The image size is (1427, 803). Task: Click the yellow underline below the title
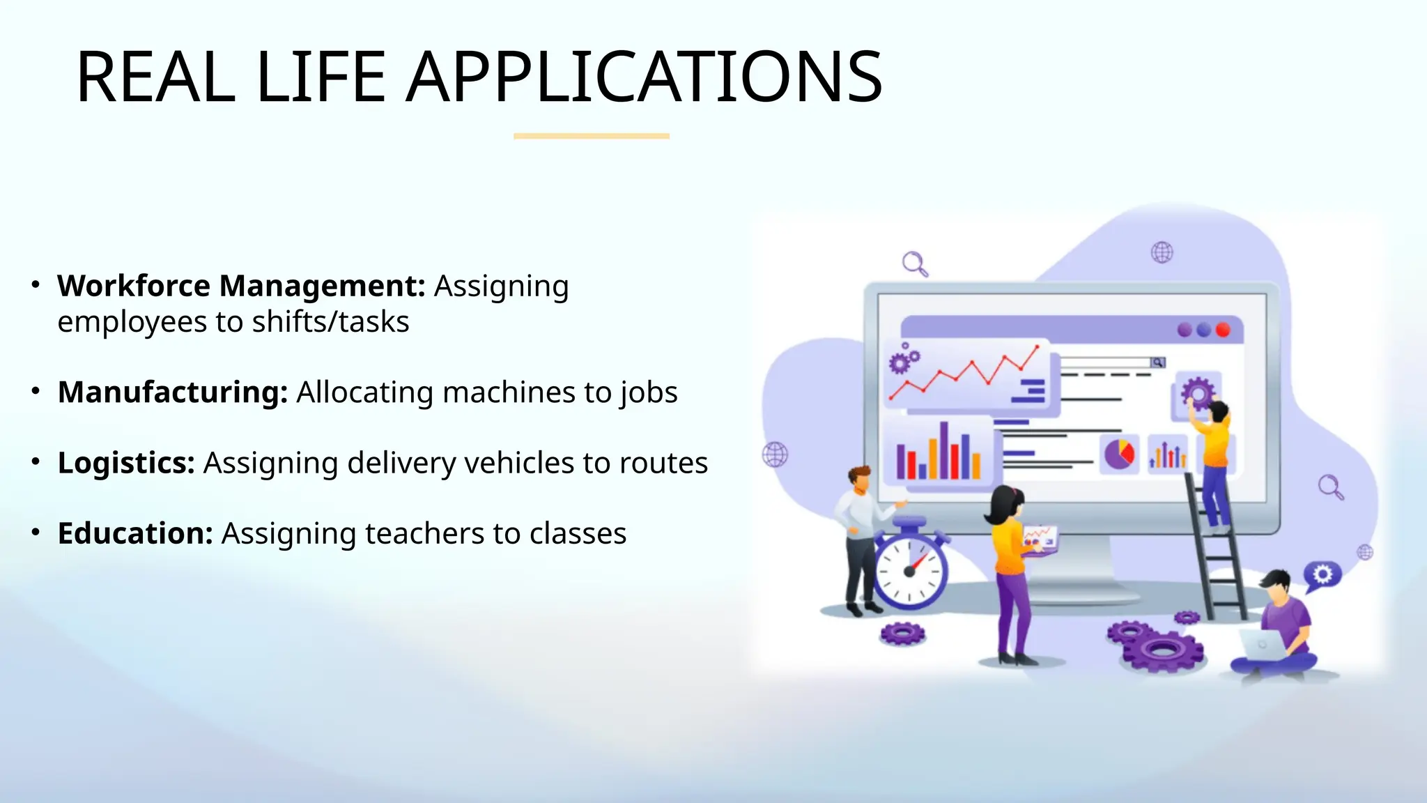pyautogui.click(x=591, y=136)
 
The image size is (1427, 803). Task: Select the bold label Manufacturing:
pyautogui.click(x=172, y=392)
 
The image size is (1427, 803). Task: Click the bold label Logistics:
pyautogui.click(x=126, y=463)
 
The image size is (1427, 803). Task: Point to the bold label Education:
pyautogui.click(x=135, y=533)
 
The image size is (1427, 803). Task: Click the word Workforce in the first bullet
pyautogui.click(x=134, y=286)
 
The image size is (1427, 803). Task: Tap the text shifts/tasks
pyautogui.click(x=330, y=322)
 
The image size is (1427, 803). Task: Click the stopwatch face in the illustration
pyautogui.click(x=909, y=570)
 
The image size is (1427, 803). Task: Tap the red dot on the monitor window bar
pyautogui.click(x=1222, y=330)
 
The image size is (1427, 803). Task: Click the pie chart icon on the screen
pyautogui.click(x=1119, y=454)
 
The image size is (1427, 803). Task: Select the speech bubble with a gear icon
pyautogui.click(x=1322, y=575)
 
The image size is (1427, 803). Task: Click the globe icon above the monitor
pyautogui.click(x=1162, y=252)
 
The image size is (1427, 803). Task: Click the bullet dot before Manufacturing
pyautogui.click(x=36, y=391)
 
